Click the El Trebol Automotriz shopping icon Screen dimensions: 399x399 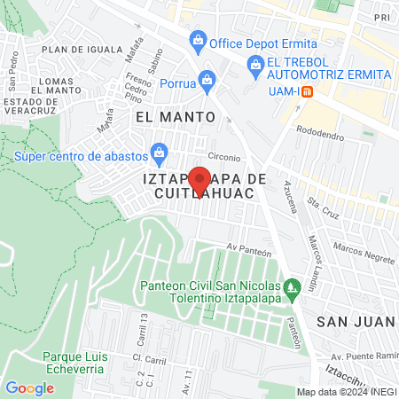(255, 63)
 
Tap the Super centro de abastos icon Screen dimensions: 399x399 (159, 151)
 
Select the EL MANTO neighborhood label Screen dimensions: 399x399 (176, 116)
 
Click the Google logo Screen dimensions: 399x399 (29, 387)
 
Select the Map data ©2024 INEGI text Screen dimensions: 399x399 (347, 392)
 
